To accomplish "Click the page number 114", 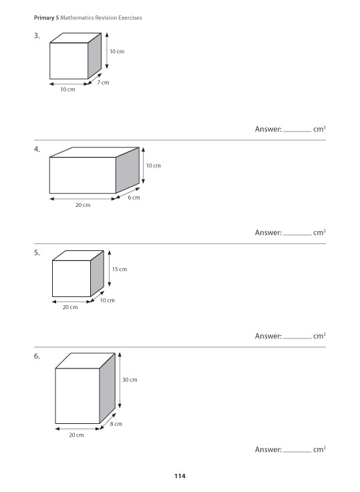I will pyautogui.click(x=180, y=476).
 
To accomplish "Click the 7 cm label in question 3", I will pyautogui.click(x=103, y=82).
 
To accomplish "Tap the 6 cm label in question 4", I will pyautogui.click(x=134, y=198).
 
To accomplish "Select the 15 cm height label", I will pyautogui.click(x=120, y=269).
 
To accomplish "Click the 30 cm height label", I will pyautogui.click(x=130, y=380).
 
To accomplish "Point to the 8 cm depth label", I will pyautogui.click(x=116, y=424).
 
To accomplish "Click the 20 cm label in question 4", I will pyautogui.click(x=82, y=206).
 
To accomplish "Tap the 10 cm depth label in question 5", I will pyautogui.click(x=108, y=300).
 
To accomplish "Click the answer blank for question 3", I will pyautogui.click(x=297, y=131).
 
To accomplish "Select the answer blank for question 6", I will pyautogui.click(x=297, y=452).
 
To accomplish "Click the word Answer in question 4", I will pyautogui.click(x=268, y=232).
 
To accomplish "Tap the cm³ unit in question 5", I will pyautogui.click(x=319, y=336).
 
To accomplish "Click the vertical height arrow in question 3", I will pyautogui.click(x=107, y=51).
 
